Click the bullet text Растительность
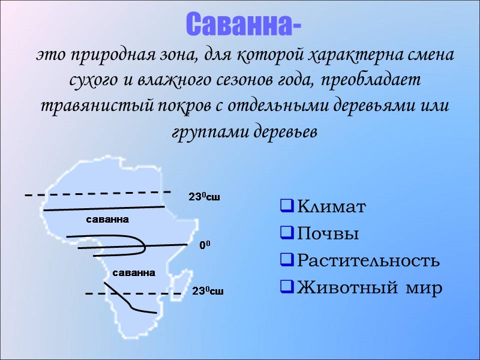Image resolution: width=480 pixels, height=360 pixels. (368, 261)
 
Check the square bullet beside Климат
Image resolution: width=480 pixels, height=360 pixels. (286, 208)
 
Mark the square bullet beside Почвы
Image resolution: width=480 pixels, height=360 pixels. (286, 235)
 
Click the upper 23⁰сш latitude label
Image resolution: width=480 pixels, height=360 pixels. (204, 197)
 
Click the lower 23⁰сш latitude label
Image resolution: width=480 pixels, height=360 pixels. (208, 292)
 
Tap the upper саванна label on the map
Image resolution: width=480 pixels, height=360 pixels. (107, 219)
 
